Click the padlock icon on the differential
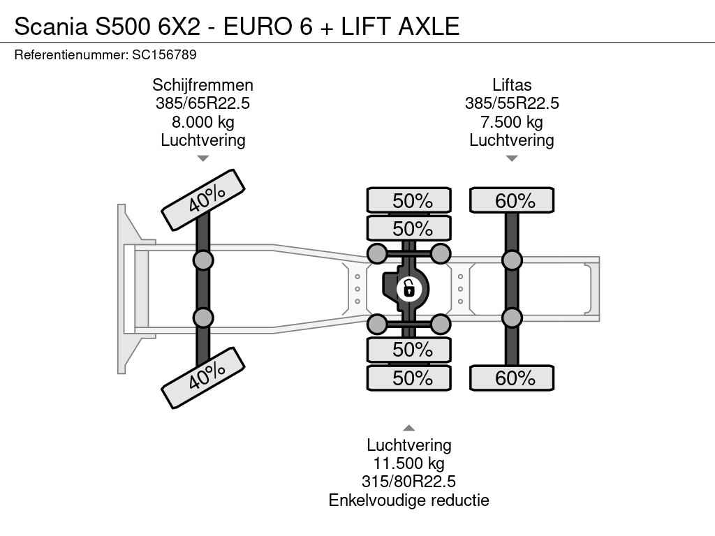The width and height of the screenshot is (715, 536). tap(408, 289)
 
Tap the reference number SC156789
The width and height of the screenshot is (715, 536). tap(164, 54)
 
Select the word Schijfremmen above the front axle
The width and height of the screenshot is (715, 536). tap(203, 85)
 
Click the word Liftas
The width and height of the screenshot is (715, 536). tap(512, 84)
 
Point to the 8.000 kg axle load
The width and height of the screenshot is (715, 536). tap(203, 122)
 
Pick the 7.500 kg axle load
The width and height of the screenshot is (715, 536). tap(512, 122)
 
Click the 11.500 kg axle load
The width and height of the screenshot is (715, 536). tap(409, 463)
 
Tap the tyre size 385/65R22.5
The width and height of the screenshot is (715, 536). tap(203, 103)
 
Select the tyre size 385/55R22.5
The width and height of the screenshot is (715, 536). tap(512, 103)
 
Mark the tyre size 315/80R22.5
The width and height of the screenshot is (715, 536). tap(409, 482)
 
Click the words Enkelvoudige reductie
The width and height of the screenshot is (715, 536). tap(409, 500)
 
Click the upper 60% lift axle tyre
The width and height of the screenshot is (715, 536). tap(512, 200)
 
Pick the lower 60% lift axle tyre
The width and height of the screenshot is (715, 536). tap(512, 378)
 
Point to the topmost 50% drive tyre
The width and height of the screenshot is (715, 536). tap(409, 200)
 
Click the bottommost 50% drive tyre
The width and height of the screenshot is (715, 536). tap(409, 378)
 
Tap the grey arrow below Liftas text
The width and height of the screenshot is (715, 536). tap(512, 158)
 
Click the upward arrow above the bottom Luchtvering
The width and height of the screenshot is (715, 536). tap(409, 428)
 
